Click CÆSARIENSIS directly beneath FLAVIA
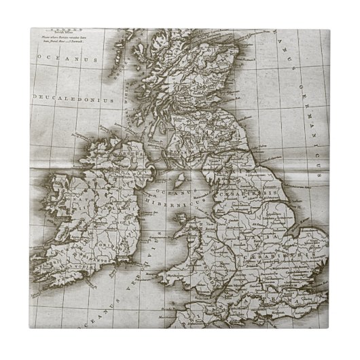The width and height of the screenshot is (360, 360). (281, 248)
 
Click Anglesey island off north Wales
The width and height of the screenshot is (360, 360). (183, 221)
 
